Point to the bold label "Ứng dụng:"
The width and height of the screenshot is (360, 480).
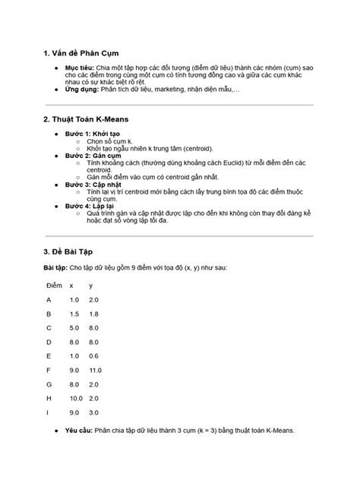tap(83, 89)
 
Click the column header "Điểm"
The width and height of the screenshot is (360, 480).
tap(54, 285)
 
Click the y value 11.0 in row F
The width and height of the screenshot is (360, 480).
tap(94, 370)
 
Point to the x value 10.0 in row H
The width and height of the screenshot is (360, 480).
tap(76, 398)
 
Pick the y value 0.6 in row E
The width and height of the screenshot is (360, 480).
tap(93, 355)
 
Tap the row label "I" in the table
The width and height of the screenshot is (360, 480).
tap(48, 412)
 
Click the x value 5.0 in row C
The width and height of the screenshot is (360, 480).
tap(74, 327)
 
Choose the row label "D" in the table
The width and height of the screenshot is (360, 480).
tap(49, 342)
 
